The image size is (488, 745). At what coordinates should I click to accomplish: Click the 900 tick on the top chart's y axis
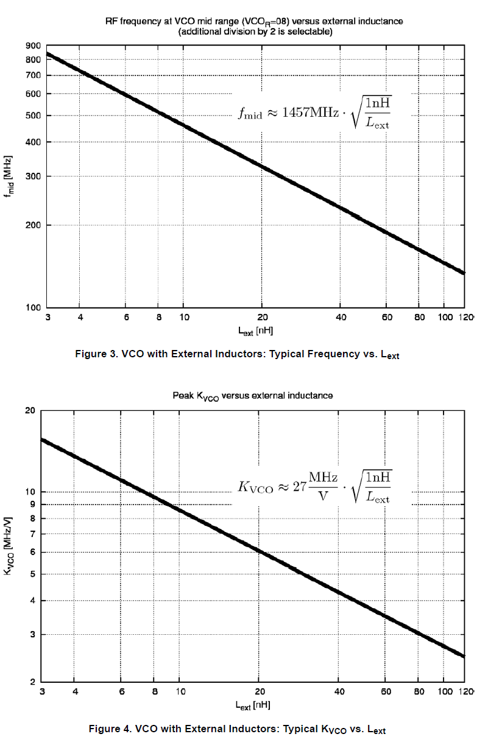34,46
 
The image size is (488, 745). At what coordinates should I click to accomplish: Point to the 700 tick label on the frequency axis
34,75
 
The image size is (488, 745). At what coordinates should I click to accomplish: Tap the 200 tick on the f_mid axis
34,225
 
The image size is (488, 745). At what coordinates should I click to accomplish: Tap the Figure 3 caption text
237,354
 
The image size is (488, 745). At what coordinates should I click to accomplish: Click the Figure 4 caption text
237,729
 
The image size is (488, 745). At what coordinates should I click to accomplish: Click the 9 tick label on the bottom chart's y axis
30,504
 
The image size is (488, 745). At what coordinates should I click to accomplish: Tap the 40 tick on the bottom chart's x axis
340,692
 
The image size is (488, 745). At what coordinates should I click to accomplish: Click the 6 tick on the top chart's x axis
126,317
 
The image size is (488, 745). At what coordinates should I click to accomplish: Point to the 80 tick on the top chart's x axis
419,317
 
